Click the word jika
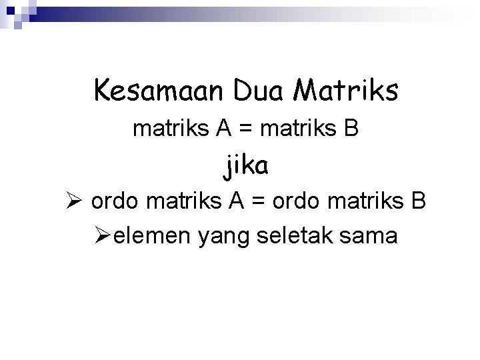coord(246,165)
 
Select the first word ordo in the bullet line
coord(115,201)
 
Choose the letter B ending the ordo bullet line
coord(419,201)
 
